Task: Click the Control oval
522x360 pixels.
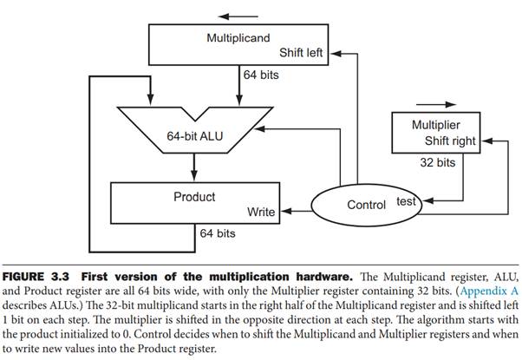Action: pyautogui.click(x=366, y=205)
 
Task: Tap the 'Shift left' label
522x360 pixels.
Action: pyautogui.click(x=302, y=54)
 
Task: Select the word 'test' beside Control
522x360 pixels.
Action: pyautogui.click(x=407, y=200)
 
